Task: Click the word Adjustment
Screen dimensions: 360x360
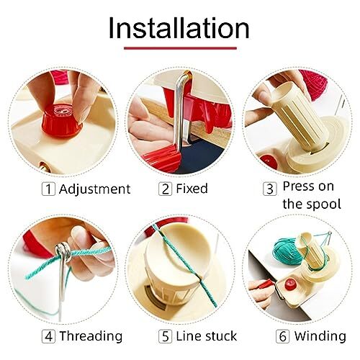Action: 94,189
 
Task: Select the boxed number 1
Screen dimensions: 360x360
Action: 48,189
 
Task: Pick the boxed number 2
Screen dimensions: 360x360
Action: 166,189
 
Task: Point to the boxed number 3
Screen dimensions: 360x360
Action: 270,189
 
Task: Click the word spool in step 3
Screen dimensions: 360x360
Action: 322,204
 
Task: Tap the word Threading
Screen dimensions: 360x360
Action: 91,336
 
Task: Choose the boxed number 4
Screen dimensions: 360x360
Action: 48,336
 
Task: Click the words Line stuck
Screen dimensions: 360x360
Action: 203,336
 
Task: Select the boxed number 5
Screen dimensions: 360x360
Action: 165,336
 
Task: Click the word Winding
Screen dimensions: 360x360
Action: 318,336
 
